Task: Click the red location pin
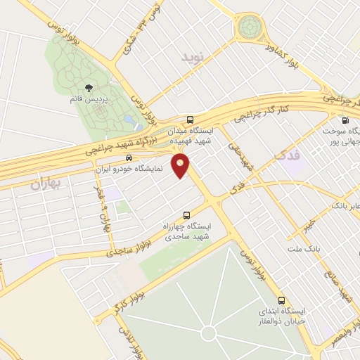(181, 166)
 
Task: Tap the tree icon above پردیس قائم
(89, 88)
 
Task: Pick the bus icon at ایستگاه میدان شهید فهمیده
(191, 119)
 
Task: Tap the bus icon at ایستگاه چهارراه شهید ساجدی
(186, 215)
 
